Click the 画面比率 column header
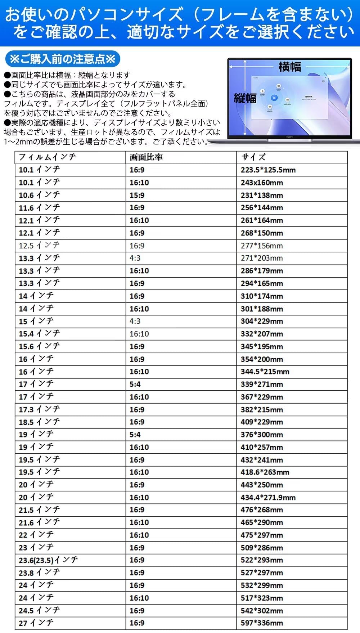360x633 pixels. pos(146,157)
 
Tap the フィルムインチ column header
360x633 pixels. pos(47,157)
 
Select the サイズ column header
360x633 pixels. pos(253,157)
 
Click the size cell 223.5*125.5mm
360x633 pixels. pos(268,170)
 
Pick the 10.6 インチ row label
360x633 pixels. pos(39,195)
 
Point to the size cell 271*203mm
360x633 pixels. pos(262,258)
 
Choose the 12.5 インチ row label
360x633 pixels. pos(39,246)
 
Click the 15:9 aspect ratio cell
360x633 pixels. pos(137,195)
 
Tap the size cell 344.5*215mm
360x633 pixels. pos(265,372)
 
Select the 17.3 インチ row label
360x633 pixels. pos(39,409)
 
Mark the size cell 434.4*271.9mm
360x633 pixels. pos(268,498)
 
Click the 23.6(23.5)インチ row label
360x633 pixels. pos(48,560)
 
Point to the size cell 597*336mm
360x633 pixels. pos(262,623)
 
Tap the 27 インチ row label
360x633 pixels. pos(36,623)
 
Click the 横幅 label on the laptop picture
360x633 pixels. pos(290,67)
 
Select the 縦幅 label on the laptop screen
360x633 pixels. pos(245,98)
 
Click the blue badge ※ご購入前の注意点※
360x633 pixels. pos(63,59)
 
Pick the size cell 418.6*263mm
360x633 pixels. pos(265,472)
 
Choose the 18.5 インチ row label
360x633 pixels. pos(39,422)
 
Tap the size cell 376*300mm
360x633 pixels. pos(262,435)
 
